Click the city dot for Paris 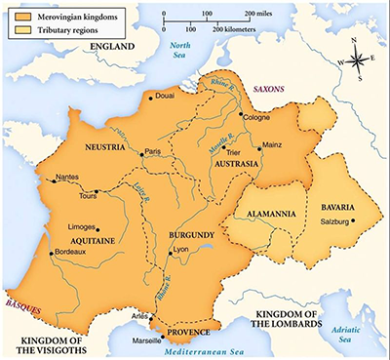139,149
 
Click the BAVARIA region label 331,208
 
